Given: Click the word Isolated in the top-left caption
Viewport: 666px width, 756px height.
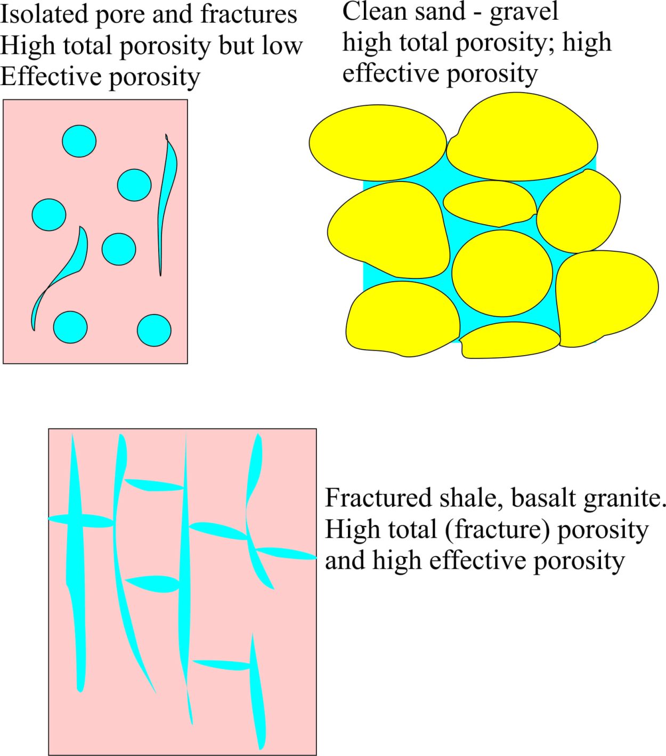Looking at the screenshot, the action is pyautogui.click(x=44, y=14).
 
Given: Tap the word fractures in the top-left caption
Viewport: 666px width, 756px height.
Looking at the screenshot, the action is pyautogui.click(x=249, y=14).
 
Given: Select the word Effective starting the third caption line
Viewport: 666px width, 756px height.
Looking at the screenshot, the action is pyautogui.click(x=51, y=77).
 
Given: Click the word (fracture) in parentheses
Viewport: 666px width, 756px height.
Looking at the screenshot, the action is pyautogui.click(x=497, y=530).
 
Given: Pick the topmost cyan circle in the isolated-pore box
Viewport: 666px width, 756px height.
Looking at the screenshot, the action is pyautogui.click(x=79, y=141).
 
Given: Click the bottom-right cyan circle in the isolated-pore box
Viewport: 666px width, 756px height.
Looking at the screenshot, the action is pyautogui.click(x=155, y=330).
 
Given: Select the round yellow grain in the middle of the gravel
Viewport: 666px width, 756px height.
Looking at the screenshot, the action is pyautogui.click(x=502, y=273).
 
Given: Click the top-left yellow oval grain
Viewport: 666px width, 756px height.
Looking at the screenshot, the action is pyautogui.click(x=378, y=143).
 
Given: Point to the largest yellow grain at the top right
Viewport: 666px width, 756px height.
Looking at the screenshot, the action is pyautogui.click(x=522, y=137).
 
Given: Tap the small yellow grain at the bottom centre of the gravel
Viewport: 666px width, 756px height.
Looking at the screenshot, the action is pyautogui.click(x=510, y=340).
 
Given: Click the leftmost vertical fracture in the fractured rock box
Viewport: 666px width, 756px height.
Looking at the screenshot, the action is pyautogui.click(x=76, y=563).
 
